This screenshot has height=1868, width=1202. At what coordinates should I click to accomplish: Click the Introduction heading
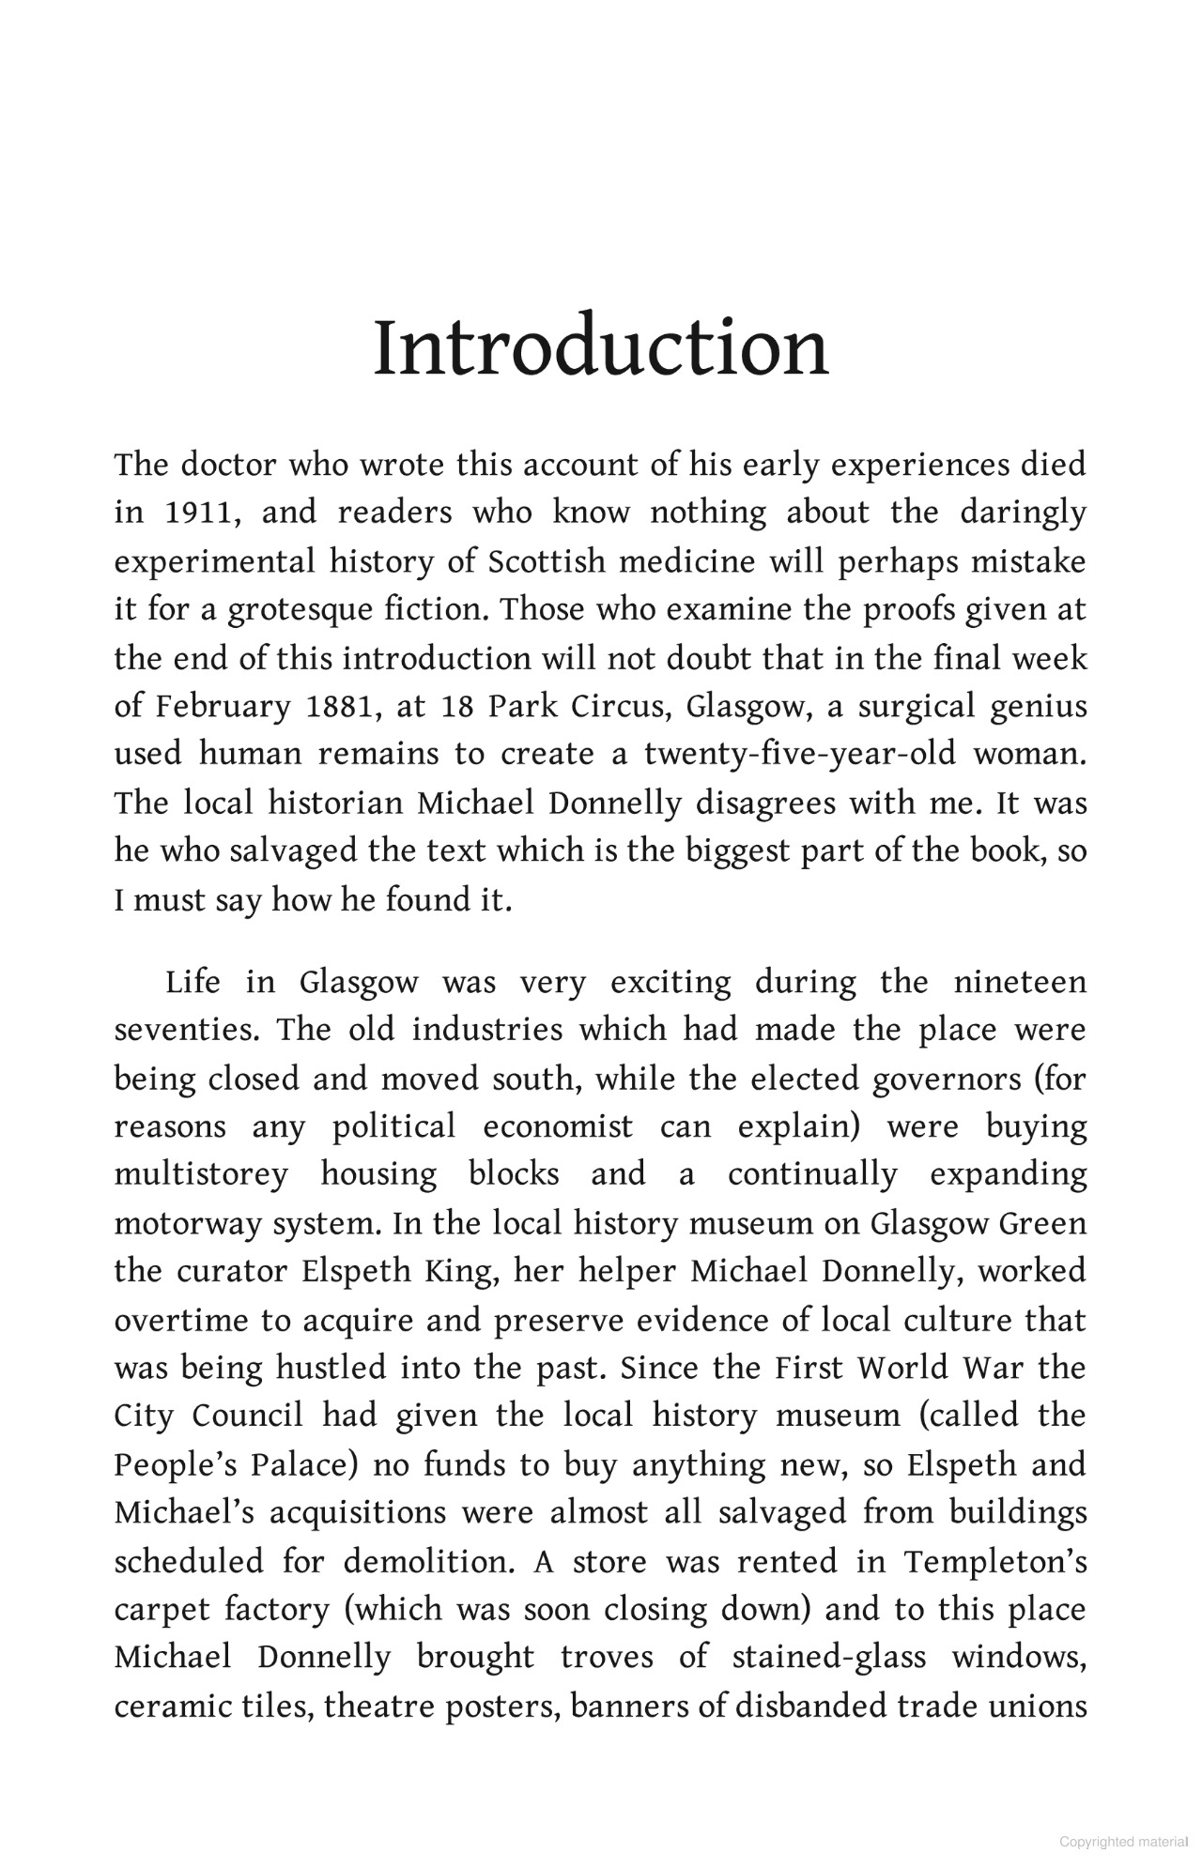601,348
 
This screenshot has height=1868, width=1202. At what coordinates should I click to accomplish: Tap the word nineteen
1020,983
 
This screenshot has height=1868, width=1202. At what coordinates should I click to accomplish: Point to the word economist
558,1127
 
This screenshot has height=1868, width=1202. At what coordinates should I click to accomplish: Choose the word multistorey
201,1175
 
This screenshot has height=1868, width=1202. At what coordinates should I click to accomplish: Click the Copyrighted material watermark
1123,1842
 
